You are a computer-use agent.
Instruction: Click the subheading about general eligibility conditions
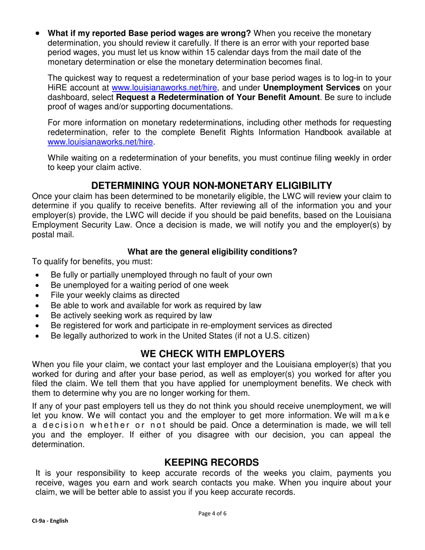pyautogui.click(x=212, y=252)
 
